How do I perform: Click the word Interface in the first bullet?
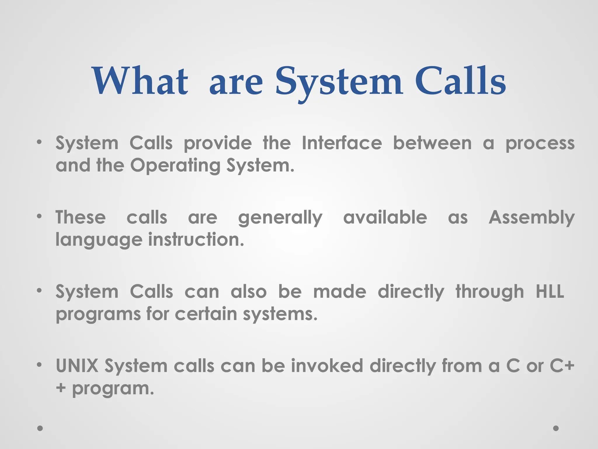(342, 143)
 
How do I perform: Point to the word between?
(432, 143)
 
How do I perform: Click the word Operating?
(175, 165)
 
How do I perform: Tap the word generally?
(280, 218)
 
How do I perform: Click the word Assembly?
(531, 218)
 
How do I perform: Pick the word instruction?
(196, 240)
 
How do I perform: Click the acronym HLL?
(550, 291)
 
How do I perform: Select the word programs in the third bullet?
(98, 315)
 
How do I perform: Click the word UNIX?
(77, 366)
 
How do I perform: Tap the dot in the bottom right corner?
(556, 428)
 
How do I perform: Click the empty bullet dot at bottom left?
(40, 428)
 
